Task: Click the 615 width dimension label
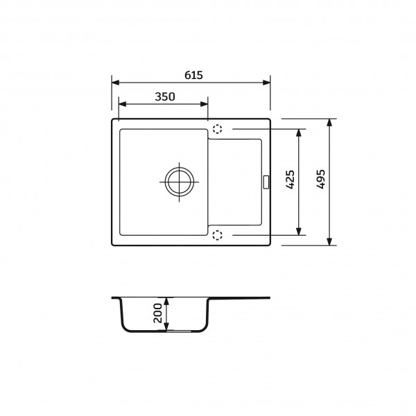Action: click(193, 75)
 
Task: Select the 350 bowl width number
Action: click(165, 96)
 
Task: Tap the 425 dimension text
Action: click(291, 180)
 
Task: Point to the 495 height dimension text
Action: click(320, 179)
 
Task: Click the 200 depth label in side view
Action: click(157, 313)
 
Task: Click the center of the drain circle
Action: click(179, 182)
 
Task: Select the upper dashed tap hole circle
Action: click(217, 129)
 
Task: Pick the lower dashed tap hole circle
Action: click(217, 235)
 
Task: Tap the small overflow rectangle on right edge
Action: click(266, 182)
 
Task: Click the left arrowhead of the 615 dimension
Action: click(115, 83)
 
